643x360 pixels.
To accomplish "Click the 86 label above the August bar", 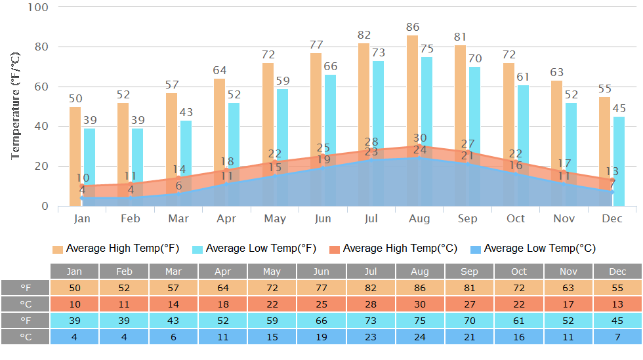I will point(413,28).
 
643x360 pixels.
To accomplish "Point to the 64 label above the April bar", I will point(220,71).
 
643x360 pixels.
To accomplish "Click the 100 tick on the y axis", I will point(39,7).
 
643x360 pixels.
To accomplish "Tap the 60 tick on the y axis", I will point(41,87).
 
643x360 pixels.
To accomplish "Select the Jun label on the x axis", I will point(323,218).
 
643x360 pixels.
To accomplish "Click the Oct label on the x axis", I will point(516,218).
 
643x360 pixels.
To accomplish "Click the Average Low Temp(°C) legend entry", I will point(533,249).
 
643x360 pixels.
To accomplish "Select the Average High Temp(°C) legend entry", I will point(393,249).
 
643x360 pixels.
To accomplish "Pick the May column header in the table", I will point(272,271).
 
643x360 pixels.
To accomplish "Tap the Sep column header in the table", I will point(470,271).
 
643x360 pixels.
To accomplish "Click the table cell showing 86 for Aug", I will point(420,288).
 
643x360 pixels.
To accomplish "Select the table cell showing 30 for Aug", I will point(420,304).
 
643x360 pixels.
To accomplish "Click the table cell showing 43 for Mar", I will point(173,321).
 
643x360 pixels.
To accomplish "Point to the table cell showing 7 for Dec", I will point(617,337).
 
